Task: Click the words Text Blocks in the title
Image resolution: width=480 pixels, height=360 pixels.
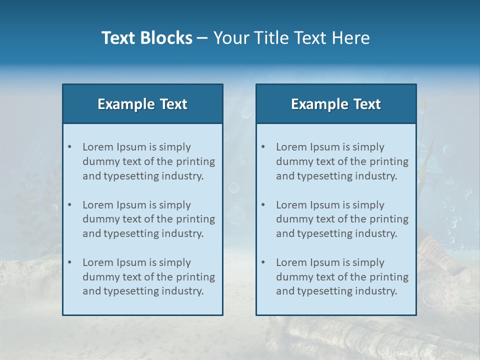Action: click(146, 38)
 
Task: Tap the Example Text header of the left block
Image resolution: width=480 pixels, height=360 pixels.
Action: click(142, 104)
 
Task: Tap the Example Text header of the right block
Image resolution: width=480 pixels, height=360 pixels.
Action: click(336, 104)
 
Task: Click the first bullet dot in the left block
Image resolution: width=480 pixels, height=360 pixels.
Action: click(69, 147)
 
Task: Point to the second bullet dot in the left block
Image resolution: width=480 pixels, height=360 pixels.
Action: click(69, 205)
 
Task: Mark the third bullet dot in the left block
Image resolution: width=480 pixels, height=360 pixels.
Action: click(69, 262)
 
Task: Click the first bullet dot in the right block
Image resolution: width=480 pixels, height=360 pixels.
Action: click(263, 147)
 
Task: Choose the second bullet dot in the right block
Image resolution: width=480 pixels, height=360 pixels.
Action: click(263, 205)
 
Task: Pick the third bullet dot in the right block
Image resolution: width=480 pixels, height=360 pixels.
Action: click(263, 262)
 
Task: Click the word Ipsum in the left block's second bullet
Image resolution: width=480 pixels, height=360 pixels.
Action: click(131, 205)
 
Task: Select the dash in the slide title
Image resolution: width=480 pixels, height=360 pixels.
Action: click(202, 38)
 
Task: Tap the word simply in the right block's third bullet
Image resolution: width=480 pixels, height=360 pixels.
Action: click(368, 262)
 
